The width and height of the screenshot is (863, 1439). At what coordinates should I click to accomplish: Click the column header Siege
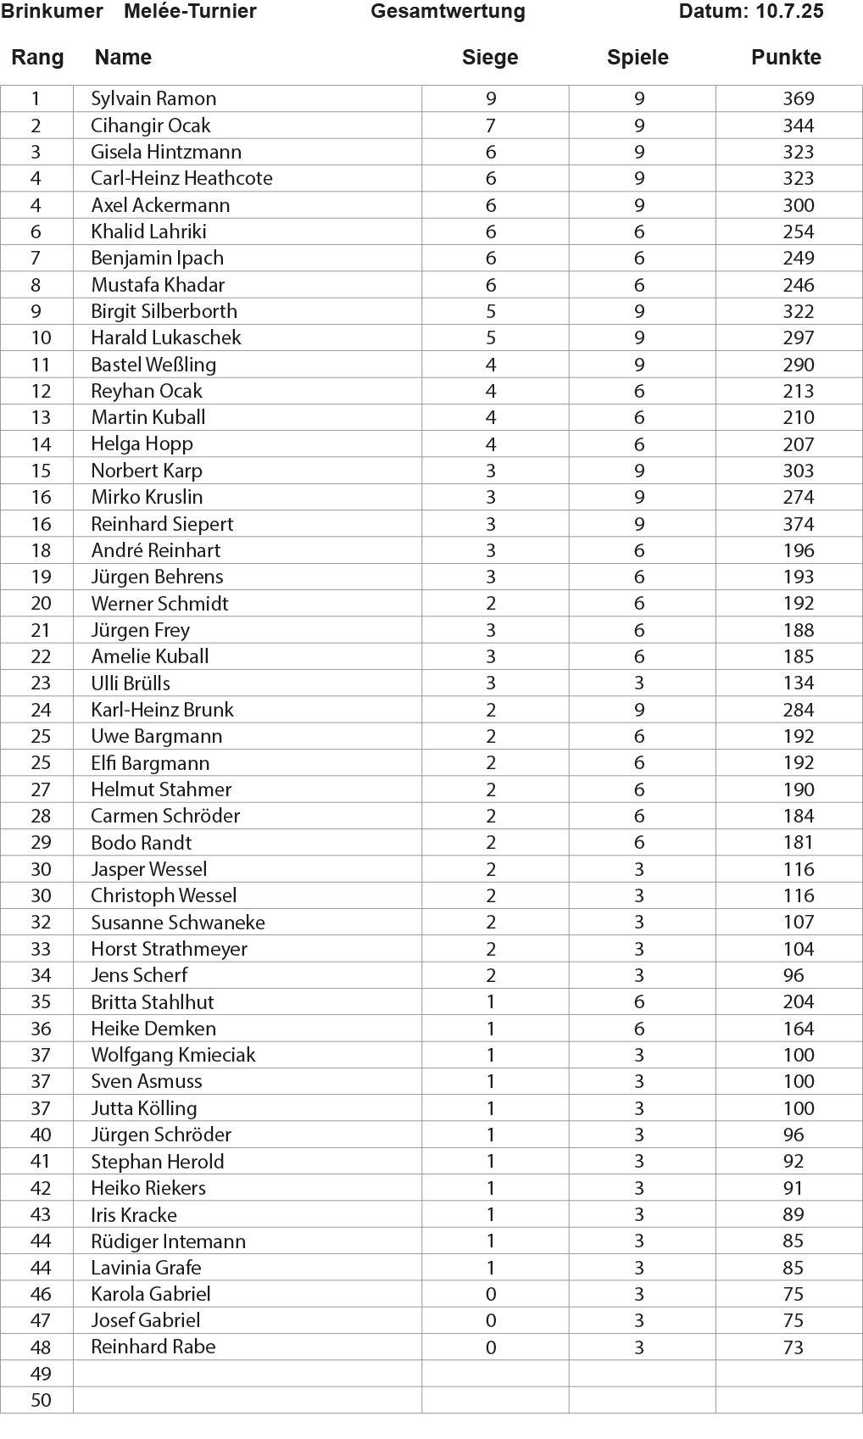[489, 58]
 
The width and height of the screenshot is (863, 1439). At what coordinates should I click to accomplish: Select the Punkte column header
[786, 58]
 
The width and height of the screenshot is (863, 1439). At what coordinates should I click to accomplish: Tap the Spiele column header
[638, 58]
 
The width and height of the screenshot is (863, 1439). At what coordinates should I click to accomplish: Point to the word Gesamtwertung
[448, 12]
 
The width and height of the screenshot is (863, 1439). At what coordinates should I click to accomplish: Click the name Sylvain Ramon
[153, 98]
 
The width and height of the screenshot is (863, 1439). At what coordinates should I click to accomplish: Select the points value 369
[798, 98]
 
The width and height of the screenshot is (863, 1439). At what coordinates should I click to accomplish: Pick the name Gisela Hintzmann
[166, 152]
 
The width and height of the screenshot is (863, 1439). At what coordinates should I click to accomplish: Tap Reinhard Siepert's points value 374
[798, 524]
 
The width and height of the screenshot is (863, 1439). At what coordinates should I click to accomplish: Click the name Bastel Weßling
[153, 365]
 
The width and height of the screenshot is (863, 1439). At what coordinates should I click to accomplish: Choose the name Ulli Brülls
[131, 683]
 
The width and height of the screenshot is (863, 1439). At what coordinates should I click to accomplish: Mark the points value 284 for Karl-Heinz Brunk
[798, 710]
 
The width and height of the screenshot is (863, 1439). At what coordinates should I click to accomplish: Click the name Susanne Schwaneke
[178, 922]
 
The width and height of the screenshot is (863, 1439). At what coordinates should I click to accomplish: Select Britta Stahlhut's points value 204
[798, 1001]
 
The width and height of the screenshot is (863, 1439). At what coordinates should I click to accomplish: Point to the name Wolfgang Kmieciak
[173, 1055]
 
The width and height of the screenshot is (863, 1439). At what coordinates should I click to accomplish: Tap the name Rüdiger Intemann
[168, 1241]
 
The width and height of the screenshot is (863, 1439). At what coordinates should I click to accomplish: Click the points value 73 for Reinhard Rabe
[793, 1347]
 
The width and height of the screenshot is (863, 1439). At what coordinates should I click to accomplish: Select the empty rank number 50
[41, 1400]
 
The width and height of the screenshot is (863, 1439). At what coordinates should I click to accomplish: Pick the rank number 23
[41, 683]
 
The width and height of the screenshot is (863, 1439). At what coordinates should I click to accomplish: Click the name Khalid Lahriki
[148, 231]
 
